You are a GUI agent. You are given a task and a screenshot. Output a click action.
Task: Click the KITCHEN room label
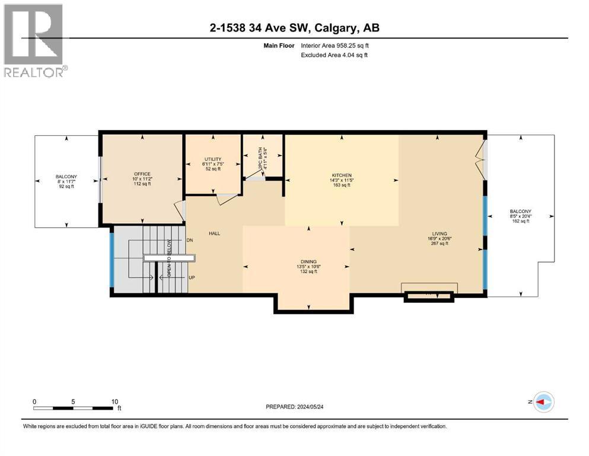341,175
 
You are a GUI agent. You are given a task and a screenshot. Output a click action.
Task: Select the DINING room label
308,261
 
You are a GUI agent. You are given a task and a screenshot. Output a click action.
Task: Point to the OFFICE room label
142,175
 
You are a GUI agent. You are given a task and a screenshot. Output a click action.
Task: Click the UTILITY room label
213,159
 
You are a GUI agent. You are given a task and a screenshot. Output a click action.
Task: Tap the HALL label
214,233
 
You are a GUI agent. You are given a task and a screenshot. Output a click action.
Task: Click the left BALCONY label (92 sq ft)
66,177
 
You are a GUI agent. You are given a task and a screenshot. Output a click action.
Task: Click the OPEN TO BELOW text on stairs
168,258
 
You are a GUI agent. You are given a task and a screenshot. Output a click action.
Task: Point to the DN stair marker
190,240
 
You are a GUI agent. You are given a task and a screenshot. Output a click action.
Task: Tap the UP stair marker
191,277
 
